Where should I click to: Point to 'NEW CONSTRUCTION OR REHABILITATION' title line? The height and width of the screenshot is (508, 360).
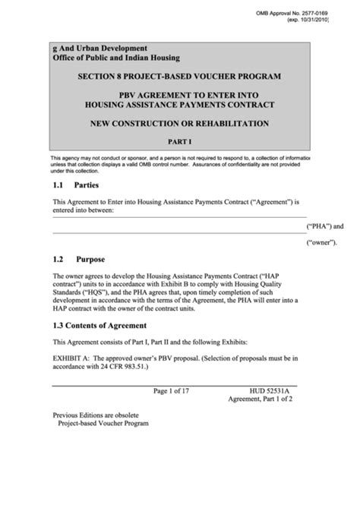pyautogui.click(x=180, y=123)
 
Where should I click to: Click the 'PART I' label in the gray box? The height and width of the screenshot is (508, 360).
pyautogui.click(x=180, y=141)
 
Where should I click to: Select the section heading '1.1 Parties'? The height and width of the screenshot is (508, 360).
pyautogui.click(x=76, y=185)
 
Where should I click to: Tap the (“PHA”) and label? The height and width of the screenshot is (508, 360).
pyautogui.click(x=325, y=226)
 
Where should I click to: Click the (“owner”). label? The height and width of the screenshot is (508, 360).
pyautogui.click(x=322, y=243)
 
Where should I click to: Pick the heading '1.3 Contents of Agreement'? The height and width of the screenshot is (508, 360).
pyautogui.click(x=100, y=325)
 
